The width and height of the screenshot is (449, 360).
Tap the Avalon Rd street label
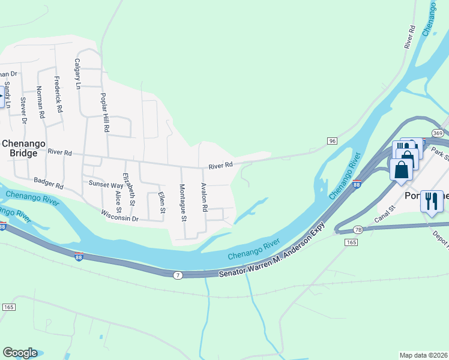pyautogui.click(x=204, y=197)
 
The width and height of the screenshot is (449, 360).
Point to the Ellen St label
pyautogui.click(x=161, y=203)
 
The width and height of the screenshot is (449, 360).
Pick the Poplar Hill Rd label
pyautogui.click(x=105, y=112)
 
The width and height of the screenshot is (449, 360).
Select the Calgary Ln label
pyautogui.click(x=77, y=74)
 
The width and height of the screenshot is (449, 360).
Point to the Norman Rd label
pyautogui.click(x=40, y=102)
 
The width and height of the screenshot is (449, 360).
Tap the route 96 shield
pyautogui.click(x=332, y=140)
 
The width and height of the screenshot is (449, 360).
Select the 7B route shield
pyautogui.click(x=358, y=229)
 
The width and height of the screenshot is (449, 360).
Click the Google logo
pyautogui.click(x=20, y=353)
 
